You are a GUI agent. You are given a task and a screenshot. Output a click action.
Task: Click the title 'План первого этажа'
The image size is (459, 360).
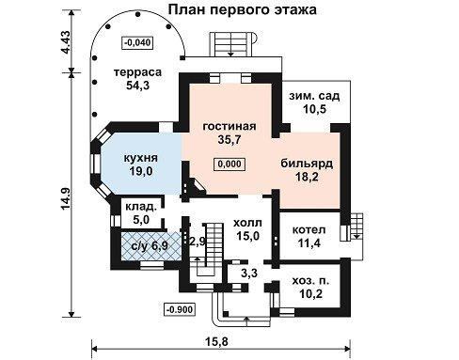pos(243,9)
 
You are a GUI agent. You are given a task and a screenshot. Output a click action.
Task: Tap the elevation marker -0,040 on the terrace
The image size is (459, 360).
pos(137,42)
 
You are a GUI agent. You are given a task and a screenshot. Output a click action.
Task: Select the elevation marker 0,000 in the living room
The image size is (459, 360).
pos(229,164)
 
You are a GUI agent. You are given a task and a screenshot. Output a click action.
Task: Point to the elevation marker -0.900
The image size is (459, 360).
pos(180,310)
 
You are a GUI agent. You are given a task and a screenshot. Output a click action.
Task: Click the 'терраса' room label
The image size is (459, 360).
pos(137,72)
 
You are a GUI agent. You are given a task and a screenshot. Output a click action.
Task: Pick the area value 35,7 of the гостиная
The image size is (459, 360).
pos(229,140)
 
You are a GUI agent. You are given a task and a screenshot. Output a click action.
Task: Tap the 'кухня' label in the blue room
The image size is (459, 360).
pos(140,158)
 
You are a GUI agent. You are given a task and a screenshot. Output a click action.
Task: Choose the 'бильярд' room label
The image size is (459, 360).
pos(307,164)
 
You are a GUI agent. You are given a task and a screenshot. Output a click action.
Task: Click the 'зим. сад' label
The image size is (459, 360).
pos(314,96)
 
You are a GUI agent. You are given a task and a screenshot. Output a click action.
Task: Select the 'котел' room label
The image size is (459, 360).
pos(309,229)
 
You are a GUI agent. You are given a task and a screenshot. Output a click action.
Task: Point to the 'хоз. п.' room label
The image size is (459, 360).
pos(310,281)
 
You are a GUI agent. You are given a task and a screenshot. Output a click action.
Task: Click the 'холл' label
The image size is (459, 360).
pos(247,223)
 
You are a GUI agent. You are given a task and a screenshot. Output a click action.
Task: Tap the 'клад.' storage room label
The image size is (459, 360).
pos(141,207)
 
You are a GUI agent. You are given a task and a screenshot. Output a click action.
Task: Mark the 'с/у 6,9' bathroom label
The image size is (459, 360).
pos(150,246)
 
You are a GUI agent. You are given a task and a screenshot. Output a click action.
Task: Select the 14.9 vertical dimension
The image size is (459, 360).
pos(66,199)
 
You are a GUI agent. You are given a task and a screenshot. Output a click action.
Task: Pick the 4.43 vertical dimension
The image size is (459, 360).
pos(66,42)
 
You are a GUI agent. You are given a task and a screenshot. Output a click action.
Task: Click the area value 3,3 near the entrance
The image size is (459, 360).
pos(249,273)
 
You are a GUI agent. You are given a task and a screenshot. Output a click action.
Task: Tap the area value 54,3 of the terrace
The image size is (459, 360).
pos(137,85)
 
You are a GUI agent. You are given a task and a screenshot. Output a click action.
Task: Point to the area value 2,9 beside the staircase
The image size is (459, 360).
pos(198,242)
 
